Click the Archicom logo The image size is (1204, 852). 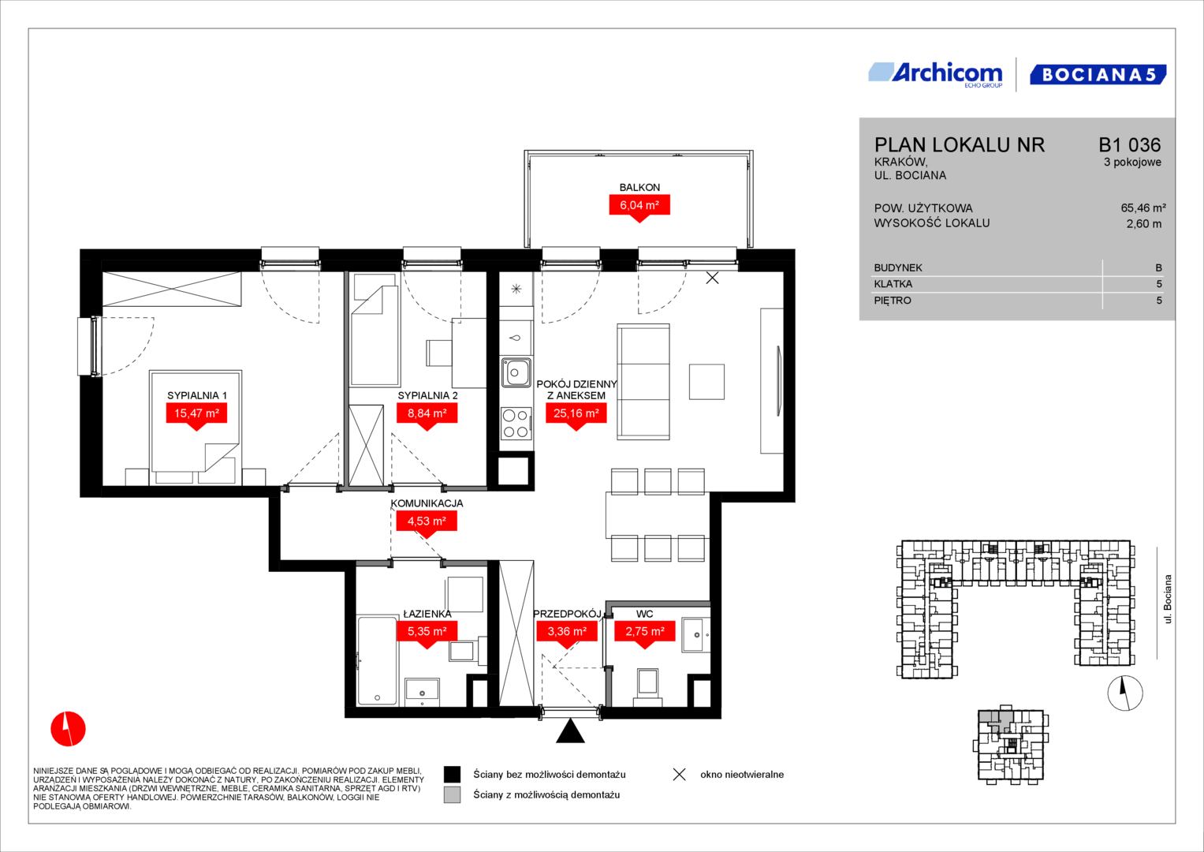pos(935,75)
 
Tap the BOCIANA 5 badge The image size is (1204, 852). pos(1098,75)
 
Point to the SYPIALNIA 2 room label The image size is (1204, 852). pos(427,395)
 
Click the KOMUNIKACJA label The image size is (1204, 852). pos(427,503)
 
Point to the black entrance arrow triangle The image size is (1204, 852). pos(570,732)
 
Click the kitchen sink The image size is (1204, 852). pos(516,372)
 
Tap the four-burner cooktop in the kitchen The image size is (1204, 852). pos(516,424)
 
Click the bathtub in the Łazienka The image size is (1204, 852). pos(377,661)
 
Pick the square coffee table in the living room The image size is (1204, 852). pos(706,381)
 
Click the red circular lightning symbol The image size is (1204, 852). pos(69,729)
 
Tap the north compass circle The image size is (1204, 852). pos(1125,693)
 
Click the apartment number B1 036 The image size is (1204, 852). pos(1129,144)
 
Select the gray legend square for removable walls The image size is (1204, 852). pos(452,795)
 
